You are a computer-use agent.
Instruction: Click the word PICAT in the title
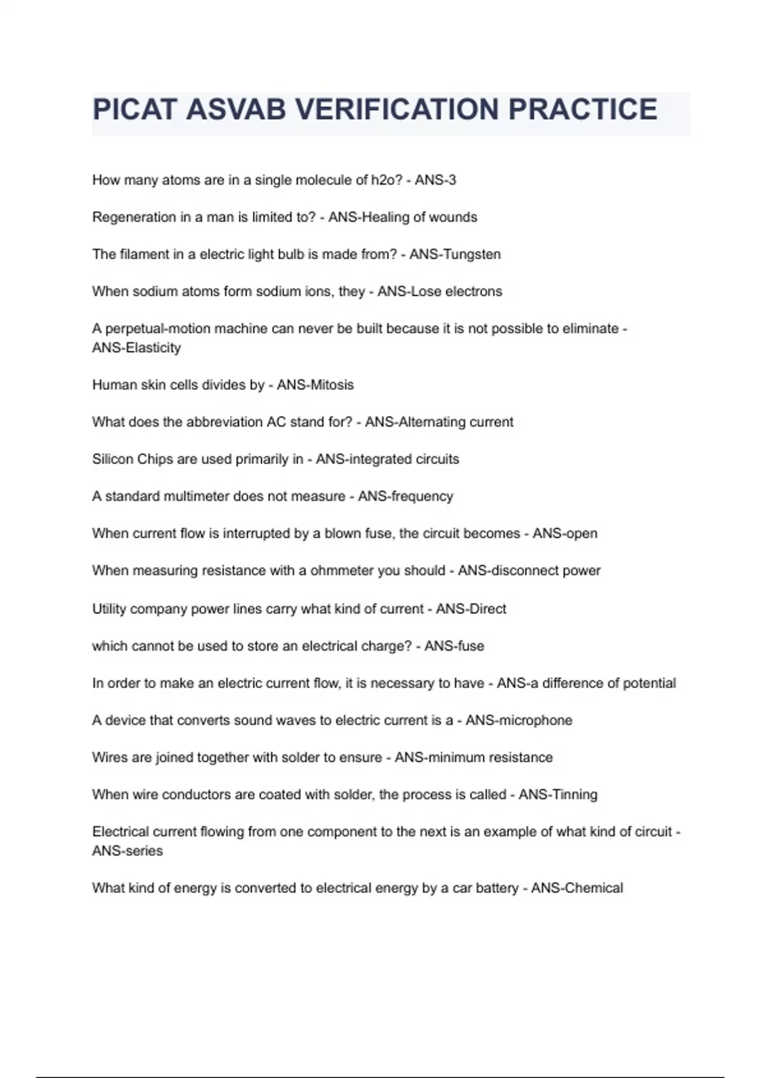(x=134, y=110)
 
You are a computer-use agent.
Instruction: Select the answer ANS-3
(x=435, y=180)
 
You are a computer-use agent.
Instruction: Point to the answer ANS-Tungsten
(x=455, y=254)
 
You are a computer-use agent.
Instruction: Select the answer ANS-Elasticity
(x=136, y=347)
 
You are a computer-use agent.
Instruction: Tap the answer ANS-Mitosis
(x=315, y=385)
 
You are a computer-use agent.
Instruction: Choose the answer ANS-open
(x=564, y=533)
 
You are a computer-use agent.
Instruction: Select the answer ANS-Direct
(x=471, y=609)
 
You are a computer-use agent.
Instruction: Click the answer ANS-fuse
(x=454, y=646)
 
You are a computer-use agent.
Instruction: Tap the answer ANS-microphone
(x=519, y=720)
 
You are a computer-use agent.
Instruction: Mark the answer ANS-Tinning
(x=557, y=795)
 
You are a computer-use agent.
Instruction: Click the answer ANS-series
(x=127, y=851)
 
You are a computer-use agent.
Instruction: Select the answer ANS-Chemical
(x=576, y=888)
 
